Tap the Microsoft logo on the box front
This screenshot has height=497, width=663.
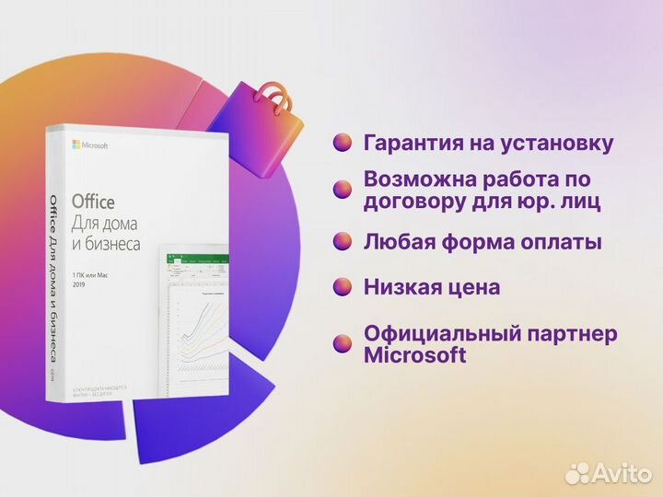[x=90, y=145]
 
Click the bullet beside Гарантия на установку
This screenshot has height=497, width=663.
[x=343, y=144]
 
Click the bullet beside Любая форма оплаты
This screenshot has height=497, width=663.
[x=343, y=242]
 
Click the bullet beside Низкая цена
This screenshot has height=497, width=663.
[x=343, y=287]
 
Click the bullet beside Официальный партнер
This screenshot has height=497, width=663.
[x=343, y=343]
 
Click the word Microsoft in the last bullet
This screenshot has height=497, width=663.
[x=414, y=355]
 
